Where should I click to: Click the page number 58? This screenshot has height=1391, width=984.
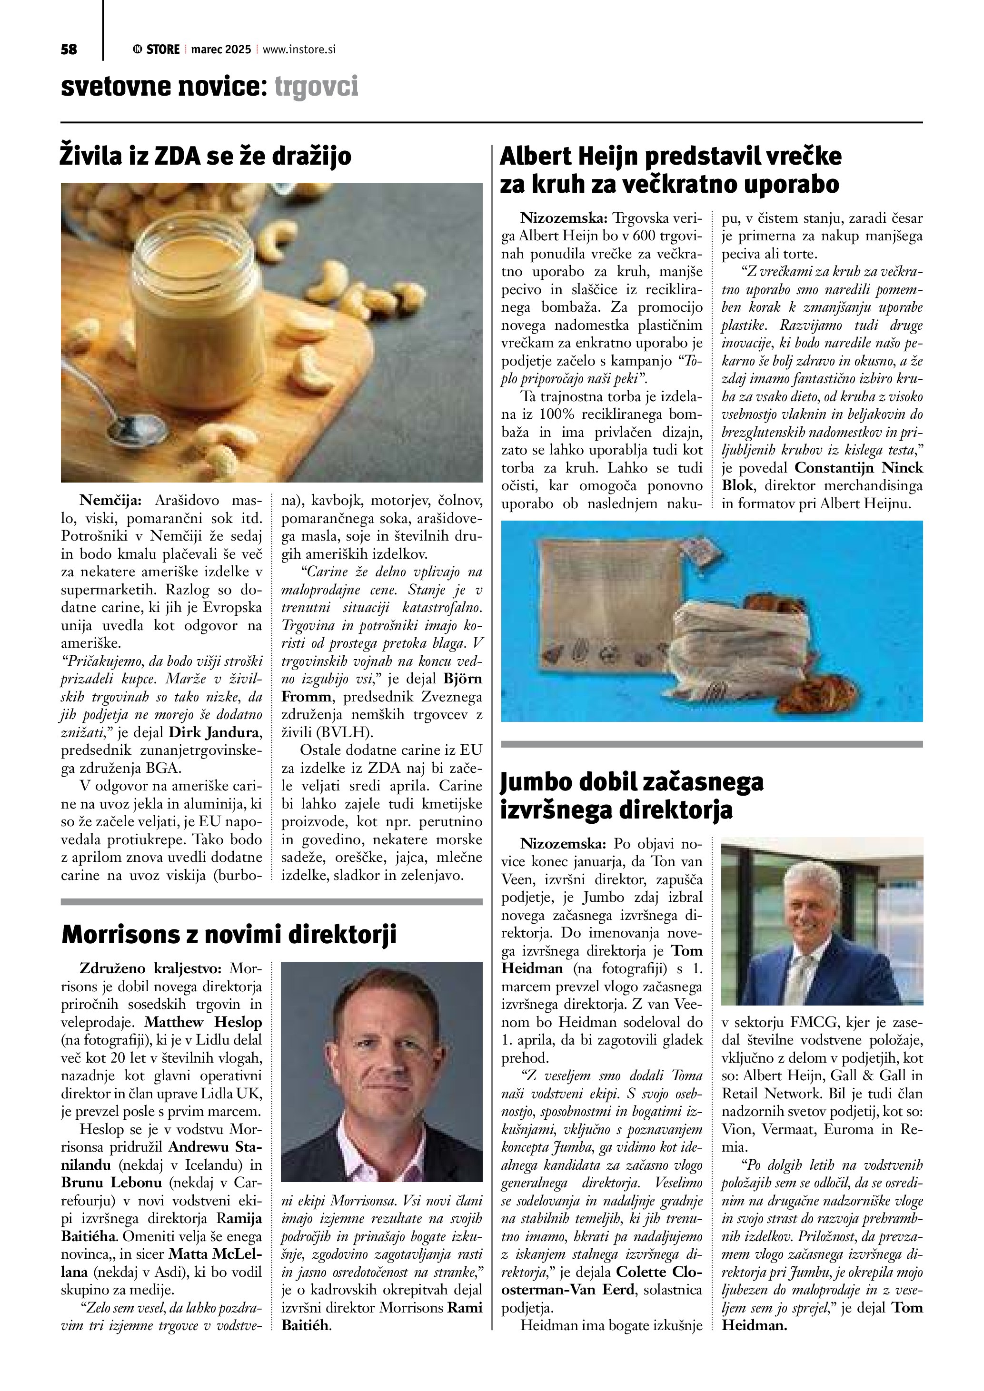[x=69, y=49]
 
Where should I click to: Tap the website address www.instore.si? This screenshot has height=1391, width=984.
[x=298, y=49]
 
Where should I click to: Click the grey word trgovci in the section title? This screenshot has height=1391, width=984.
[x=316, y=87]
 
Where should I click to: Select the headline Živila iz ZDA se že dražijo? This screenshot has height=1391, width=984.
[x=205, y=156]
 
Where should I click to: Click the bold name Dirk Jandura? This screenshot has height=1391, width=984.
[x=215, y=732]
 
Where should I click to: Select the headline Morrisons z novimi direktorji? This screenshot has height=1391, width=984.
[x=229, y=934]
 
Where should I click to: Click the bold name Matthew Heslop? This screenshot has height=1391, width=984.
[x=203, y=1022]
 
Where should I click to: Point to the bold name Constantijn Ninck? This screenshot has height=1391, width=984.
[x=859, y=468]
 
